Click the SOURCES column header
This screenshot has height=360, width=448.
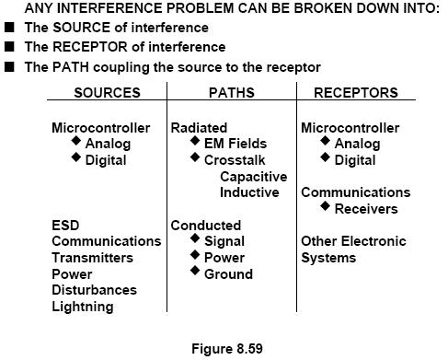107,93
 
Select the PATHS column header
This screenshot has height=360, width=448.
232,93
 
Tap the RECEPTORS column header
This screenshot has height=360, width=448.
356,93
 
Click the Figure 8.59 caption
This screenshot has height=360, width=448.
227,349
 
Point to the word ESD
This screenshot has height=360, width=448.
65,226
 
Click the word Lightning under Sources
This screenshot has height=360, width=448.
83,307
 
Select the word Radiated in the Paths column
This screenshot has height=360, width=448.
199,128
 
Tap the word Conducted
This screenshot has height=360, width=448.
206,226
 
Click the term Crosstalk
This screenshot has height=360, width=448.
235,160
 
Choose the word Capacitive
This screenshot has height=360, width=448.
254,177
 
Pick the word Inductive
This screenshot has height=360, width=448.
249,192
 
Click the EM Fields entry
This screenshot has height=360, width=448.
235,144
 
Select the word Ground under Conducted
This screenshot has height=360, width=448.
228,274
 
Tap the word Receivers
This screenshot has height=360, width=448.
366,209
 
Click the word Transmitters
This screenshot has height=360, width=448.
92,258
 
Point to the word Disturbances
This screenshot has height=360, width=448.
94,290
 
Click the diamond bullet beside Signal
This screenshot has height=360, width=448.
195,238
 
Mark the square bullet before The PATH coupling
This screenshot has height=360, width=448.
9,66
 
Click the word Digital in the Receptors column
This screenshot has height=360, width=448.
355,160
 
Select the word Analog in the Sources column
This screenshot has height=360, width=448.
108,144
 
